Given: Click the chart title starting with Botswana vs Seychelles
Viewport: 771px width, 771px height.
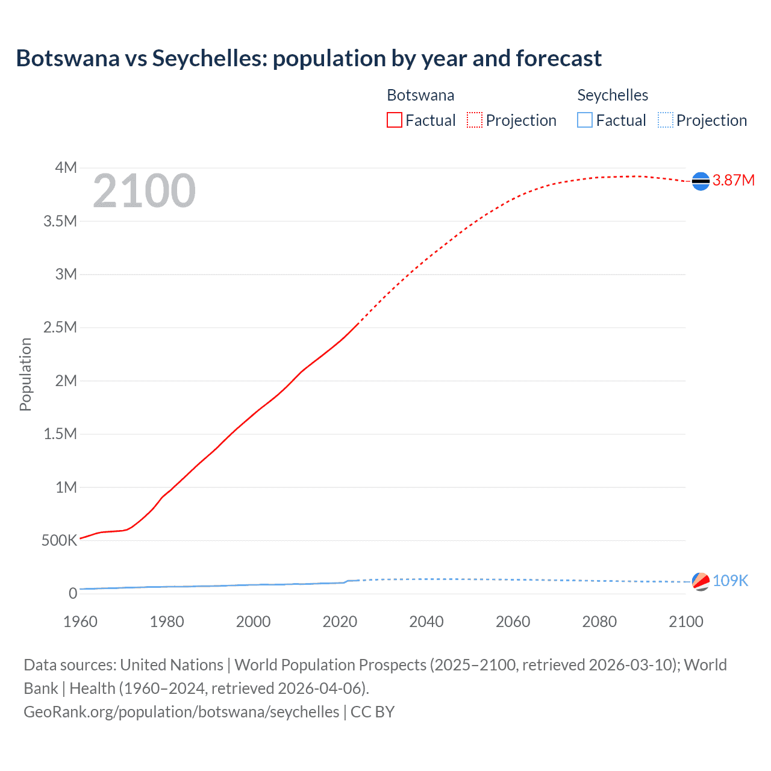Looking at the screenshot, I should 308,58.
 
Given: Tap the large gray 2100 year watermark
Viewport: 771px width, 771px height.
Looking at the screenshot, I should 144,191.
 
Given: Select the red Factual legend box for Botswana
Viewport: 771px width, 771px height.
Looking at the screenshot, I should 395,120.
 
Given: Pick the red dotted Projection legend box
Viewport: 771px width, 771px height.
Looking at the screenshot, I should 475,120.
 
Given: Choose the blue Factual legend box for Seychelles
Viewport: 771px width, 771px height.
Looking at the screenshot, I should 585,120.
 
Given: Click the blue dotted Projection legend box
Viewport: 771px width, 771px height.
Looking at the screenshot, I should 666,120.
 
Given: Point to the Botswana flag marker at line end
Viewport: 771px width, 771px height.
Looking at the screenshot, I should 701,181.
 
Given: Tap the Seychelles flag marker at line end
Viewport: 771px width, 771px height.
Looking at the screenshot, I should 701,581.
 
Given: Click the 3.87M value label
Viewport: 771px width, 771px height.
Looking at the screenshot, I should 733,181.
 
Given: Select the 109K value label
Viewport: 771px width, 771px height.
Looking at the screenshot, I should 730,581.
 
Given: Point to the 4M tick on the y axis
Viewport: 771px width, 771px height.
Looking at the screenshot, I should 66,167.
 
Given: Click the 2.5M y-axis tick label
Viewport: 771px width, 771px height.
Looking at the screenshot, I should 60,328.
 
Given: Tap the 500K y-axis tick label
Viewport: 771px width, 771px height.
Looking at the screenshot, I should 59,540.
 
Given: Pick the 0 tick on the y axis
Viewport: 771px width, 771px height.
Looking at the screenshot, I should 73,593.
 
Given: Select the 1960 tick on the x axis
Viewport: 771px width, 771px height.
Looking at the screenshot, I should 80,622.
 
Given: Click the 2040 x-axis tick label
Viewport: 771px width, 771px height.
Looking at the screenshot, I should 426,622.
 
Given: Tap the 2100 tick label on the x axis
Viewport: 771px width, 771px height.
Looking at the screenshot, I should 686,622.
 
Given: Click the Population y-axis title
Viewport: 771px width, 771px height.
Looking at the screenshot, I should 25,374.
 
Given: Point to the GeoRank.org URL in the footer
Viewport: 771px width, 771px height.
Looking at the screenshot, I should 181,712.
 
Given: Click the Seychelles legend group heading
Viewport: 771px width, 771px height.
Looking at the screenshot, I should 613,95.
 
